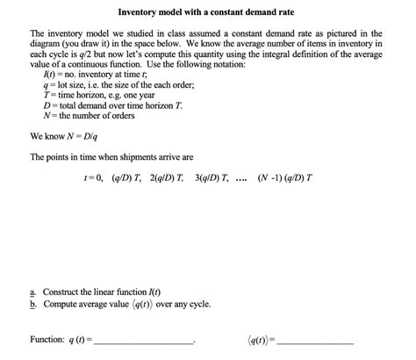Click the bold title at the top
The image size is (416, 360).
click(x=207, y=13)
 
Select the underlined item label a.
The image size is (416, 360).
click(x=33, y=292)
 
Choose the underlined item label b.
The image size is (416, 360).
click(x=33, y=304)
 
